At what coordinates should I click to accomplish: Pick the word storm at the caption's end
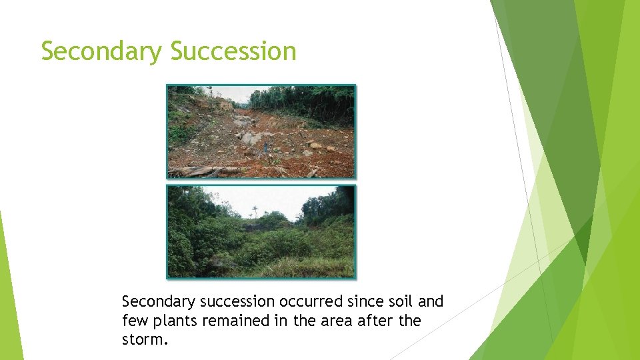144,340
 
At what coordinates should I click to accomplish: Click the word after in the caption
375,321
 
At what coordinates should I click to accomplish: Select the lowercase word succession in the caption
232,302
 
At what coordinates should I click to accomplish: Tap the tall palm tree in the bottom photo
254,212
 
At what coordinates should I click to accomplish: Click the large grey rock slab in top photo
249,138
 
